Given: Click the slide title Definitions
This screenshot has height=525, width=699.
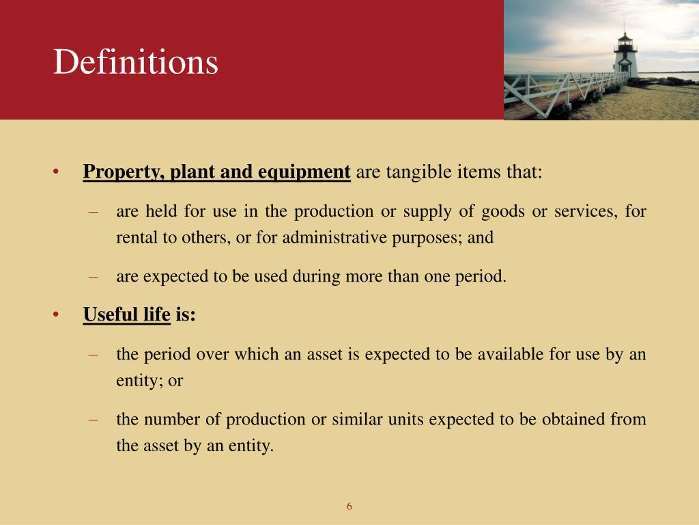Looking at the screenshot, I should click(x=136, y=63).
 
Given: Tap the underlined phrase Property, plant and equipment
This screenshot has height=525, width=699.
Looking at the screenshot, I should click(x=216, y=172).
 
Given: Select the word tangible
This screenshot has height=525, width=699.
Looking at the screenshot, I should click(x=416, y=172).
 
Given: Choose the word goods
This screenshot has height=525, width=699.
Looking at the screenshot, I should click(x=502, y=212).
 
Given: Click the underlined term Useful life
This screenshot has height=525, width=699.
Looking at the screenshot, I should click(x=126, y=314).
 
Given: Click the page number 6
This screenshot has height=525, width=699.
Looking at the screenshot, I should click(x=349, y=507).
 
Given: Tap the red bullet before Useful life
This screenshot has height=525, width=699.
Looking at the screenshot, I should click(x=57, y=314).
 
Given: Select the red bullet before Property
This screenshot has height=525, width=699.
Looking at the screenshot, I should click(x=57, y=172).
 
